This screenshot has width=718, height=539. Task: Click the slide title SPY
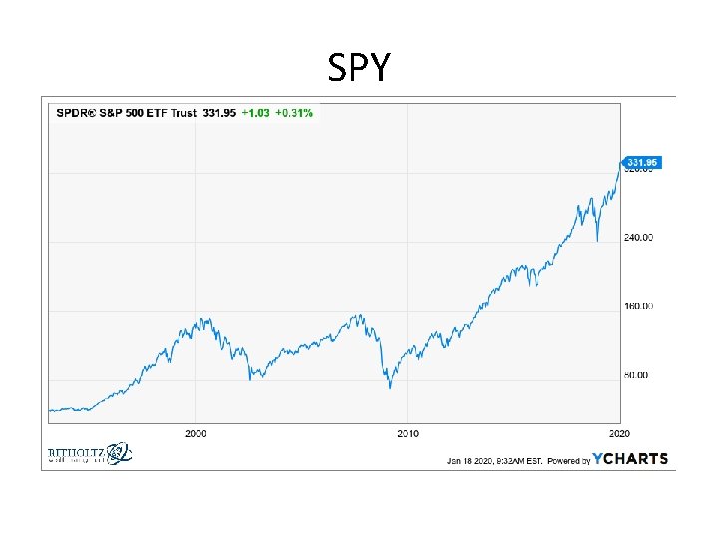click(x=359, y=68)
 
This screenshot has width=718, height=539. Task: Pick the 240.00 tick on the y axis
click(x=639, y=238)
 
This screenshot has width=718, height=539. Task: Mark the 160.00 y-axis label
click(x=639, y=306)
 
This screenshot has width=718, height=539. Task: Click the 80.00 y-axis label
click(x=637, y=375)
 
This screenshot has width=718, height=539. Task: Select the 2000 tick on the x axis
click(x=196, y=434)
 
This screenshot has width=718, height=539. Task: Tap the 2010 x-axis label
click(x=408, y=434)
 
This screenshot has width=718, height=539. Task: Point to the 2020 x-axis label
click(x=619, y=434)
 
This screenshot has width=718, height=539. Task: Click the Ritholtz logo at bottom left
click(x=89, y=454)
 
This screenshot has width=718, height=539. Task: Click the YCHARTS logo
click(x=630, y=460)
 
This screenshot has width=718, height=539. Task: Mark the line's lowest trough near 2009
click(x=391, y=387)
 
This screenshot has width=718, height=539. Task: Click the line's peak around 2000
click(x=202, y=319)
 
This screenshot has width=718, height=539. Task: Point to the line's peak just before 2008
click(x=358, y=315)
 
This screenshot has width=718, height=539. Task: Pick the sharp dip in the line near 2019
click(x=597, y=241)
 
